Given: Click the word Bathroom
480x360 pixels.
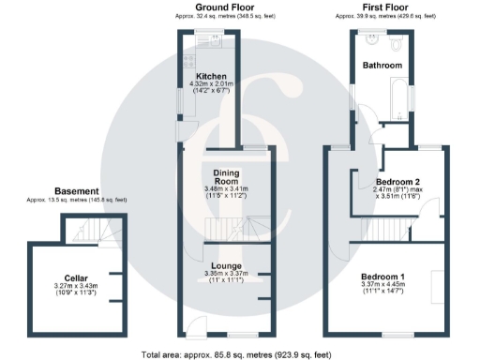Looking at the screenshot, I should [383, 66].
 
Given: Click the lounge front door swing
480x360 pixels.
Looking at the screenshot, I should [195, 326].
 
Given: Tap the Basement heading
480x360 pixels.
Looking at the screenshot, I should [76, 191].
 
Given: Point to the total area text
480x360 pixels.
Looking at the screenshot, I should [236, 354].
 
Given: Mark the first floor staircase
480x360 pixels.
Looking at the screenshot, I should [386, 229].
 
